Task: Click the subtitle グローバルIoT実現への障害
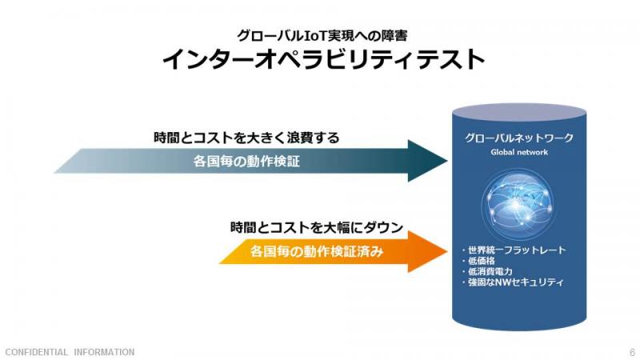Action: [x=322, y=35]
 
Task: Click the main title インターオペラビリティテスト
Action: [x=323, y=59]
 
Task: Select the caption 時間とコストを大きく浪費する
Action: [x=246, y=138]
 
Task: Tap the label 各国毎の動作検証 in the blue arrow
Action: [x=246, y=162]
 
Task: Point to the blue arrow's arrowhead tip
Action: [x=447, y=161]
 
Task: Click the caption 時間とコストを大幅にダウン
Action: [x=317, y=227]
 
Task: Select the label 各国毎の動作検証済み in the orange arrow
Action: [x=317, y=251]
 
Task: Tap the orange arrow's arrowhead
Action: [x=428, y=251]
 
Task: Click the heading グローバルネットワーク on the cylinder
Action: [x=519, y=138]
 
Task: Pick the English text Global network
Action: [x=519, y=152]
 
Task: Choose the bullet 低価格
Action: [x=478, y=261]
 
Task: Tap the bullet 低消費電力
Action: [x=487, y=271]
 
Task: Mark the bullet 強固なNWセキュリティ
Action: [x=513, y=282]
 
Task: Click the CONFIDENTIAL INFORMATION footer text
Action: [x=70, y=352]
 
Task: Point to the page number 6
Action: [x=632, y=352]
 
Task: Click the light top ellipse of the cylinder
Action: [x=519, y=111]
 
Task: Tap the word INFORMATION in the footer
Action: [x=104, y=352]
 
